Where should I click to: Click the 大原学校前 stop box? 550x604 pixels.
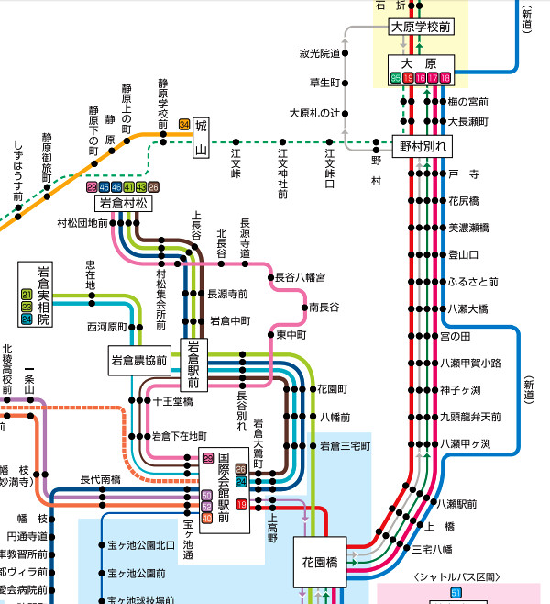[x=422, y=27]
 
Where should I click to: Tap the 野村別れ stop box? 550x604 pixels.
[x=423, y=146]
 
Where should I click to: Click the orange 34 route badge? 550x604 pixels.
[x=184, y=124]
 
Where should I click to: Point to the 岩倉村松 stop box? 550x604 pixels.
[x=123, y=203]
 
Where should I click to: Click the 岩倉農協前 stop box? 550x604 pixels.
[x=138, y=359]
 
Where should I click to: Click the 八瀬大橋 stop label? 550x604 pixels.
[x=469, y=308]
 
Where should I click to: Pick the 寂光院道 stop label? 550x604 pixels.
[x=319, y=53]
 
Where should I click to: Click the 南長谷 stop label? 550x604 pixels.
[x=324, y=307]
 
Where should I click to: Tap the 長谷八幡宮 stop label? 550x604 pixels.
[x=301, y=276]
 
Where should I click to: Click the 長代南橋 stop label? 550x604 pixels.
[x=100, y=478]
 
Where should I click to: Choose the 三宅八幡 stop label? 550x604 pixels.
[x=432, y=549]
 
